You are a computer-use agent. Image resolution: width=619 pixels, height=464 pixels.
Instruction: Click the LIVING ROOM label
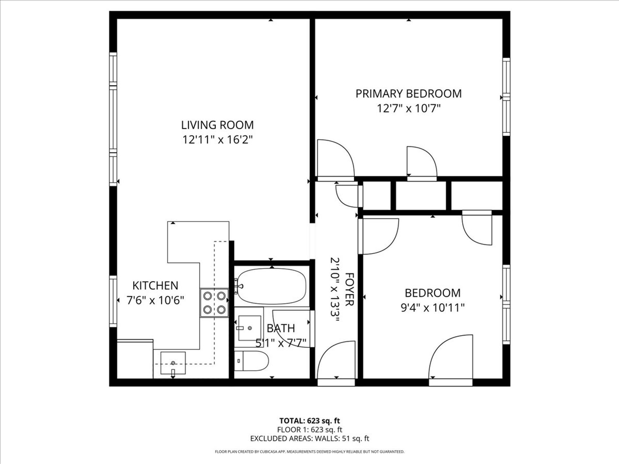217,125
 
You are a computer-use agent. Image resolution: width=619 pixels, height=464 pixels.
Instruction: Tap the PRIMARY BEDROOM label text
408,93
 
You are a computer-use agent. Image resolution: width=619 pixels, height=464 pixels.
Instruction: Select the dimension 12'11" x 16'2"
217,140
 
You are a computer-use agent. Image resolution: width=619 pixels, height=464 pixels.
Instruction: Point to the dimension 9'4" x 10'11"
432,308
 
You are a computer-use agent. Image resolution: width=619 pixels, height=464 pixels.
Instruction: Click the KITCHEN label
155,285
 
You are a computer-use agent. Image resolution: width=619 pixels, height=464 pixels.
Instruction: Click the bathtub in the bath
272,286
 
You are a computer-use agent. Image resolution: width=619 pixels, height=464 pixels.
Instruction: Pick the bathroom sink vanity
249,328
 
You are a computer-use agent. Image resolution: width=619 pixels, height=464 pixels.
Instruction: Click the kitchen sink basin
173,363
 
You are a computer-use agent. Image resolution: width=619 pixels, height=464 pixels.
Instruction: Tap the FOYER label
349,289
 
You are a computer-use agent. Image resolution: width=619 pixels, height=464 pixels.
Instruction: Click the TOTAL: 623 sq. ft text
309,420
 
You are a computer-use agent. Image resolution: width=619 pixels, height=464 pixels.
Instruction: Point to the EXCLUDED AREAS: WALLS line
309,439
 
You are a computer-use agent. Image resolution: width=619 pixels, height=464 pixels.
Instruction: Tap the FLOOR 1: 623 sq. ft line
309,430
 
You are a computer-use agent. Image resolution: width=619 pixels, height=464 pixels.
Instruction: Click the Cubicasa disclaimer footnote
309,452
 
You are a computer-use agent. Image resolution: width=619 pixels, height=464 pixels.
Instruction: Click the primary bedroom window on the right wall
506,97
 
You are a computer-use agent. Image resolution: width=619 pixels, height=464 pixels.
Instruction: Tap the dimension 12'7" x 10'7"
408,109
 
